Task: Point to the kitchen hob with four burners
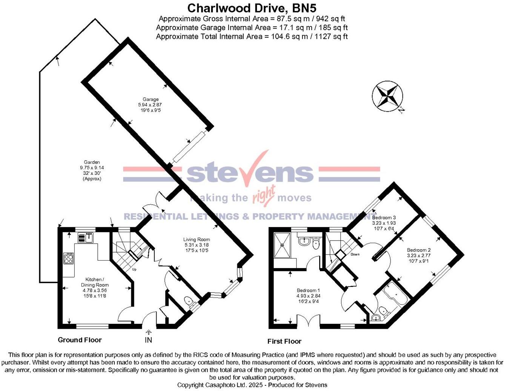(69, 258)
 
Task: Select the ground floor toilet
(189, 302)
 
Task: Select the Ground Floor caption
(80, 340)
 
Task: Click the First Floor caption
(284, 342)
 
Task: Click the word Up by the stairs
(134, 270)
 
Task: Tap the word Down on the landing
(355, 255)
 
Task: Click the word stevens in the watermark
(250, 173)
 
